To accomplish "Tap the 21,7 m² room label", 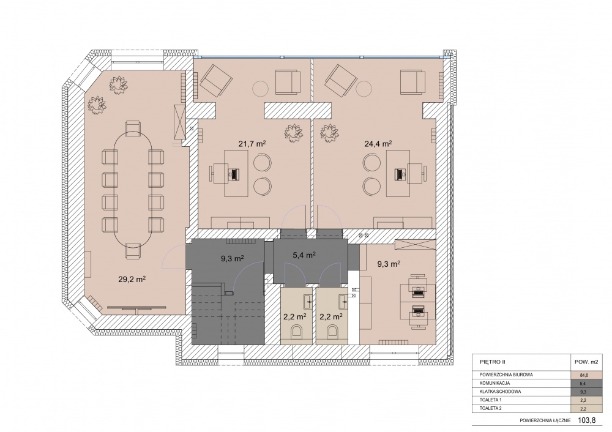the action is (x=252, y=144).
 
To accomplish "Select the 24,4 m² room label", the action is (x=378, y=144).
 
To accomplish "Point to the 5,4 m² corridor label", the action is (x=304, y=255).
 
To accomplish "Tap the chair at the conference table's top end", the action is (x=133, y=128).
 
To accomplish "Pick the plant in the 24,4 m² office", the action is (x=329, y=133).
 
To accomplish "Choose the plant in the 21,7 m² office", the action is (x=294, y=133).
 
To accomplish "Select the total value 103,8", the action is (x=588, y=420).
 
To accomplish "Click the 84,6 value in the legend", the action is (x=583, y=375).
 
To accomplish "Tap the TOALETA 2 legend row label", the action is (x=490, y=409).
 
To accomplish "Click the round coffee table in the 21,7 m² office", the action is (x=260, y=89).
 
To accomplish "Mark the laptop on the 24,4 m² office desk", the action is (x=399, y=174).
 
